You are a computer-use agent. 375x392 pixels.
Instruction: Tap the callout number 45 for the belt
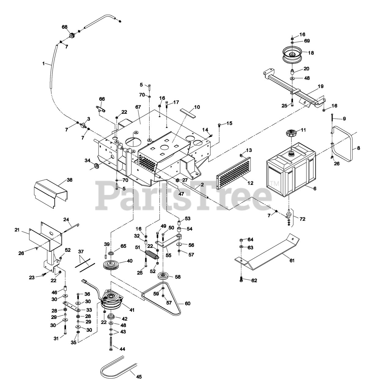click(139, 377)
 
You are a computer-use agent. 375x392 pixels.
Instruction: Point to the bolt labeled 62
click(241, 279)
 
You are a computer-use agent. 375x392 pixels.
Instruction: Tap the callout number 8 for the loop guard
click(358, 148)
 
